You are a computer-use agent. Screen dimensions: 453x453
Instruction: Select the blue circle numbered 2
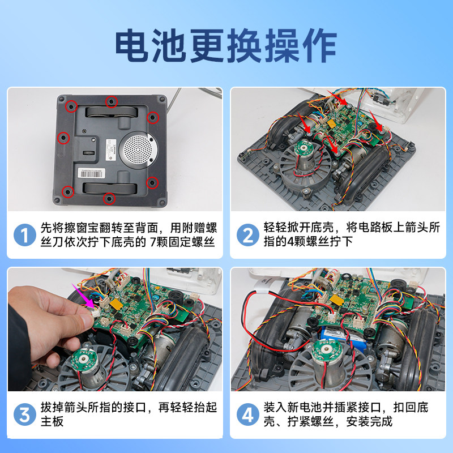coord(247,234)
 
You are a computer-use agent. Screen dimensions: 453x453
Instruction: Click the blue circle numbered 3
coord(24,414)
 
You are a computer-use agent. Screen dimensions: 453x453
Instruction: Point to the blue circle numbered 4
coord(247,414)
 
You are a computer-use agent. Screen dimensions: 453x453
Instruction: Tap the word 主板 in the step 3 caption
coord(52,422)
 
